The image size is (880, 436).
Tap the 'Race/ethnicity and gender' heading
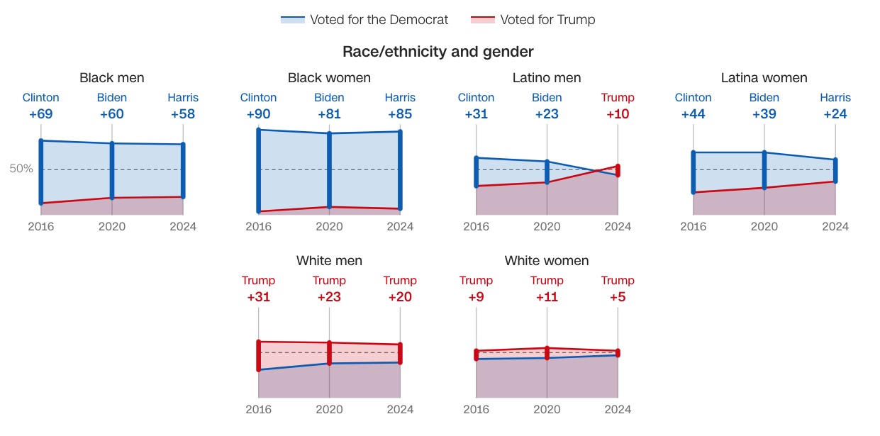[x=438, y=52]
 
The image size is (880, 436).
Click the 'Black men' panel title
[x=112, y=78]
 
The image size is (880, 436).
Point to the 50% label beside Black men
[x=21, y=169]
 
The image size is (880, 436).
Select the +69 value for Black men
[x=41, y=114]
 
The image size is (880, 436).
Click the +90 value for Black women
[x=259, y=114]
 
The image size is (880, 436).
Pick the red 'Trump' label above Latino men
[x=618, y=98]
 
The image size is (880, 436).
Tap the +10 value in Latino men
[x=618, y=114]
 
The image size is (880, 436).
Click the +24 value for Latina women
[x=835, y=114]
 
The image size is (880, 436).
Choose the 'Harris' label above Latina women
[x=835, y=98]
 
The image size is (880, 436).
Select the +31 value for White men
[x=259, y=297]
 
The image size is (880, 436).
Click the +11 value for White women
[x=547, y=297]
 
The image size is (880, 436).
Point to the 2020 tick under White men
[x=329, y=409]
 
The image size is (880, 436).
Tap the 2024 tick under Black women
[x=400, y=227]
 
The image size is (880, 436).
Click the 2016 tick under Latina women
[x=694, y=227]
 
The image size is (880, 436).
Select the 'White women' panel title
[x=547, y=261]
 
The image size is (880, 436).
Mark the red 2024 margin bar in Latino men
[x=618, y=171]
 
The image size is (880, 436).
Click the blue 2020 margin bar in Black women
[x=330, y=170]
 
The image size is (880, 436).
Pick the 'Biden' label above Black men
[x=112, y=98]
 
